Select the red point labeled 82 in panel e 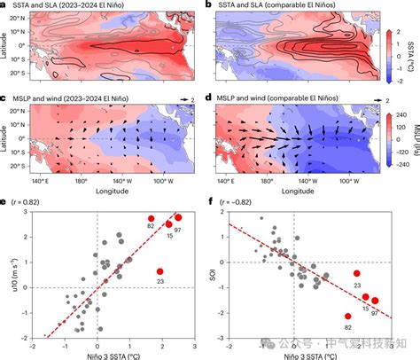(x=151, y=218)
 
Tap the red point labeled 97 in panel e (x=178, y=217)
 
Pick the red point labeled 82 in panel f (x=348, y=316)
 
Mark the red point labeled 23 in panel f (x=357, y=274)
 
